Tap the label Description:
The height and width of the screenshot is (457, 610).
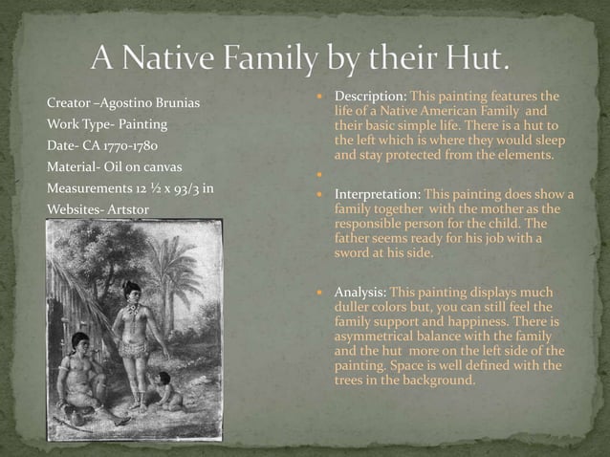pyautogui.click(x=371, y=98)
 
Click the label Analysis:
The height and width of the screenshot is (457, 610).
pyautogui.click(x=359, y=292)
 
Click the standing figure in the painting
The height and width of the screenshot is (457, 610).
pyautogui.click(x=130, y=335)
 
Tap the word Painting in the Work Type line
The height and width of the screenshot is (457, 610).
pyautogui.click(x=140, y=124)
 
